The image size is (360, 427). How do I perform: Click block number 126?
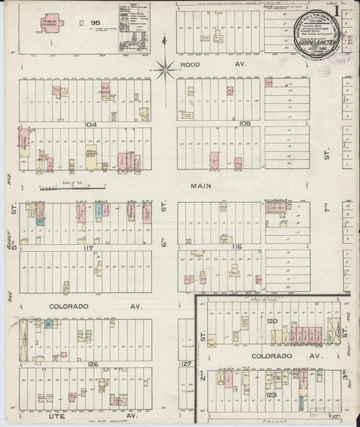pyautogui.click(x=93, y=364)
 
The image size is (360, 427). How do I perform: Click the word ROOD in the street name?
pyautogui.click(x=192, y=65)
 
